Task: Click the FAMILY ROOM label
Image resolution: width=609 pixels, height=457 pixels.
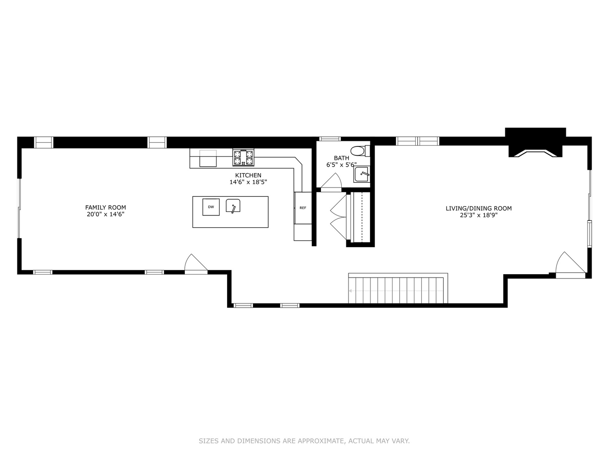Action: click(105, 207)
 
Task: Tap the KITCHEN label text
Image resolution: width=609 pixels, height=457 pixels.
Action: click(248, 175)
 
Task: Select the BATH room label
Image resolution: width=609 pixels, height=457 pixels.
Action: click(341, 158)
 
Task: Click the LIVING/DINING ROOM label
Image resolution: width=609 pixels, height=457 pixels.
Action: click(478, 208)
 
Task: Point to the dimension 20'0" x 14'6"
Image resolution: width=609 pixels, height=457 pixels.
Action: click(105, 215)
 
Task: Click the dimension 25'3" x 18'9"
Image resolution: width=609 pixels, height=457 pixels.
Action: click(478, 215)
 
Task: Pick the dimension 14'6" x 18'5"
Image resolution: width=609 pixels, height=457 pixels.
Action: click(248, 182)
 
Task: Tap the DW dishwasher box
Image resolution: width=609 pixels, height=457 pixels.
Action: click(211, 207)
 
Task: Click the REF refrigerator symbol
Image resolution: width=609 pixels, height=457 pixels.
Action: click(303, 208)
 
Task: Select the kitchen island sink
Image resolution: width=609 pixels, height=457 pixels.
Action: click(233, 206)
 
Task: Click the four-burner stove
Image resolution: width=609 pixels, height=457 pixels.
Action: click(243, 158)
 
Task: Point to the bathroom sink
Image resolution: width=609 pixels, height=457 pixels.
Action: click(362, 174)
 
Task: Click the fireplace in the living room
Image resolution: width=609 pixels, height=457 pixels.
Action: click(535, 143)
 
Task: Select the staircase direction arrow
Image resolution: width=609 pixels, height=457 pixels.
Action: click(351, 291)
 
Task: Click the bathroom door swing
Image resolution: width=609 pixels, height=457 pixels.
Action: click(332, 181)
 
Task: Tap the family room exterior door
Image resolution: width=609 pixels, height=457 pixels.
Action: click(195, 264)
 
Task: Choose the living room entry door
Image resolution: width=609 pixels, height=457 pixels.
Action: click(569, 264)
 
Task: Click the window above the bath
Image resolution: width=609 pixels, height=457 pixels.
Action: click(330, 139)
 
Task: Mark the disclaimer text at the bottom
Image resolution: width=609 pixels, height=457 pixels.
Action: click(304, 441)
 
